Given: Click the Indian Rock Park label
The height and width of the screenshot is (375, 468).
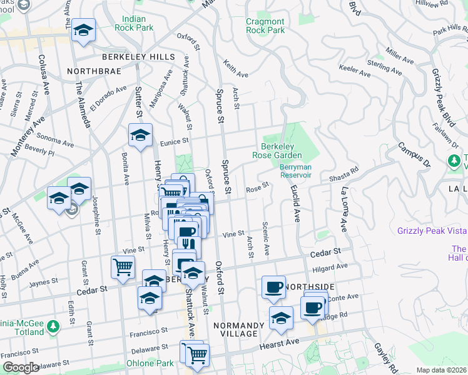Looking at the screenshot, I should point(134,24).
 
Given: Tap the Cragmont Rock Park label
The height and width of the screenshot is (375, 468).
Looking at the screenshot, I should point(265,26).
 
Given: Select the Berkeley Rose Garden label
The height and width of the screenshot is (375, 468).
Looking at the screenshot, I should point(277,151).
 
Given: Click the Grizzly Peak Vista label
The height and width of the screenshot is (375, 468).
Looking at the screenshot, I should point(432,231).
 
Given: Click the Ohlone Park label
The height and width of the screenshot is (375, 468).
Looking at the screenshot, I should point(155,364).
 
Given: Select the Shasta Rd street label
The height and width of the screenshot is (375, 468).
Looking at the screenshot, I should point(343,174).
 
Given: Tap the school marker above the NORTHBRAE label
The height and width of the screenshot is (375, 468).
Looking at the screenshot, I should point(83,30).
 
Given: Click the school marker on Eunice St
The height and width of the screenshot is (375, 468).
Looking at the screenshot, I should point(140,134).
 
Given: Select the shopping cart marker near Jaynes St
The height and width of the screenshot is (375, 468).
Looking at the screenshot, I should point(123,267).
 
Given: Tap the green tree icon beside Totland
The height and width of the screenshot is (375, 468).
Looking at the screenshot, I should point(53,326).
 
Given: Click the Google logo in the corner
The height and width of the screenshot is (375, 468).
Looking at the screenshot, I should point(21,367).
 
